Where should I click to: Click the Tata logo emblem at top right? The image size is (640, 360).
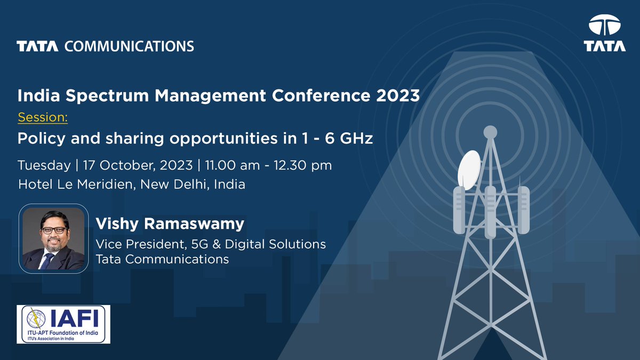pos(604,26)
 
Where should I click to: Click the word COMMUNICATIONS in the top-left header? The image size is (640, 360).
pos(129,46)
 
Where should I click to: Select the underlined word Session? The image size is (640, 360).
pos(43,117)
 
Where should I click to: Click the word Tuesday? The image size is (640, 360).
pos(44,165)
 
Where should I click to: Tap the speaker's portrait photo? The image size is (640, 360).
pos(54,238)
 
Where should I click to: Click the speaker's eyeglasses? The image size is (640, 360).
pos(54,230)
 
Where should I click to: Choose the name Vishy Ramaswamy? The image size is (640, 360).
pos(170,224)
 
